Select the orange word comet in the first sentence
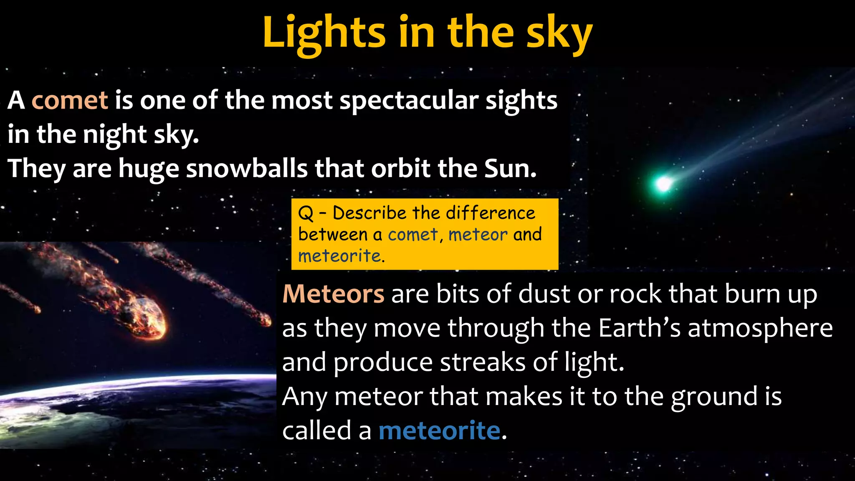pos(70,100)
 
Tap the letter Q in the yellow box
pos(306,213)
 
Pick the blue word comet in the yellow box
pos(412,235)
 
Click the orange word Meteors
pos(333,294)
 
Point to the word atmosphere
pos(760,328)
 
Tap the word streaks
pos(483,362)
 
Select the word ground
pos(714,397)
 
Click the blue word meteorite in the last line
pos(439,430)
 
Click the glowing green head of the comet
pos(663,183)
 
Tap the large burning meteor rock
pos(146,317)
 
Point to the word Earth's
pos(639,328)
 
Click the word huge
pos(149,169)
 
